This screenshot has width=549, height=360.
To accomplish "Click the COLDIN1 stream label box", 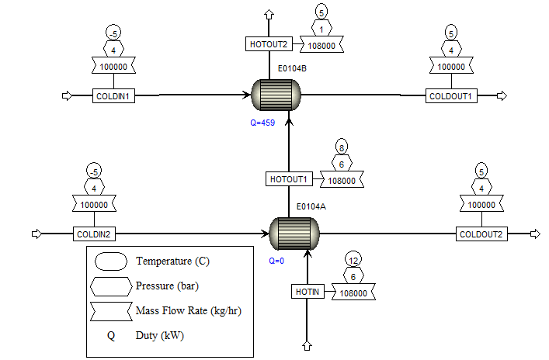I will [x=113, y=96].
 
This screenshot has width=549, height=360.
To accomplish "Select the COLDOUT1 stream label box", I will [x=451, y=96].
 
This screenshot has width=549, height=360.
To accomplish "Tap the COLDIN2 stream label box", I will [x=94, y=234].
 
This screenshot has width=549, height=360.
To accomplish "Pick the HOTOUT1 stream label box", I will [x=289, y=179].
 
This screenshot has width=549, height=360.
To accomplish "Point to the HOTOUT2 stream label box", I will [x=269, y=45].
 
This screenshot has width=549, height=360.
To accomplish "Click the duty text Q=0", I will [x=277, y=261].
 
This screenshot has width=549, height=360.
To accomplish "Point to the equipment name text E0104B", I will [x=293, y=69].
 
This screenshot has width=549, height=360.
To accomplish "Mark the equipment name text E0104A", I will [x=311, y=206].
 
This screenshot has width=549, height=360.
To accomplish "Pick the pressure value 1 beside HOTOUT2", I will [x=322, y=29].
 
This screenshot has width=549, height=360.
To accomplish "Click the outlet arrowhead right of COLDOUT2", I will [x=535, y=234].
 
